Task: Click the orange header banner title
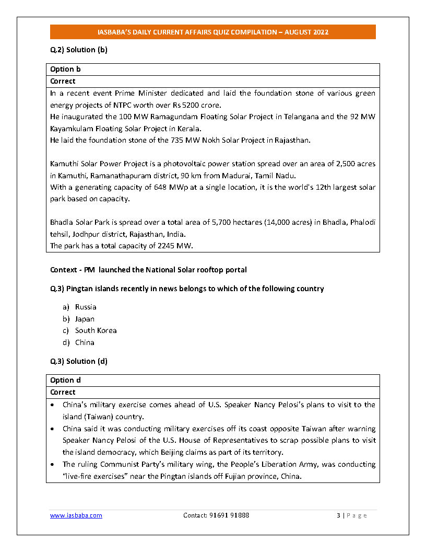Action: coord(213,32)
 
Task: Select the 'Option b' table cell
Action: coord(65,69)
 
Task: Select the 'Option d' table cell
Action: coord(65,380)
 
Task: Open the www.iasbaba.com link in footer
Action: coord(76,515)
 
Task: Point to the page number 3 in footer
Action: coord(338,515)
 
